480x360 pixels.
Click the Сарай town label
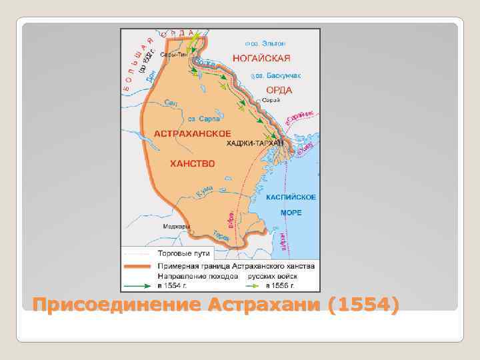tap(271, 100)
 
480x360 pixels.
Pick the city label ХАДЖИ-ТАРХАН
tap(255, 143)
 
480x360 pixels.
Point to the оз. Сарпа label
tap(203, 119)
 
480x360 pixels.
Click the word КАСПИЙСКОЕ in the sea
tap(291, 197)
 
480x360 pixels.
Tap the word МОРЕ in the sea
tap(291, 213)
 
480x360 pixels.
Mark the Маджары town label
tap(175, 226)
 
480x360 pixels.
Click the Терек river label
tap(222, 235)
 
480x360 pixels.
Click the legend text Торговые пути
tap(183, 253)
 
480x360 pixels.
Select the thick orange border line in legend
tap(137, 265)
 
